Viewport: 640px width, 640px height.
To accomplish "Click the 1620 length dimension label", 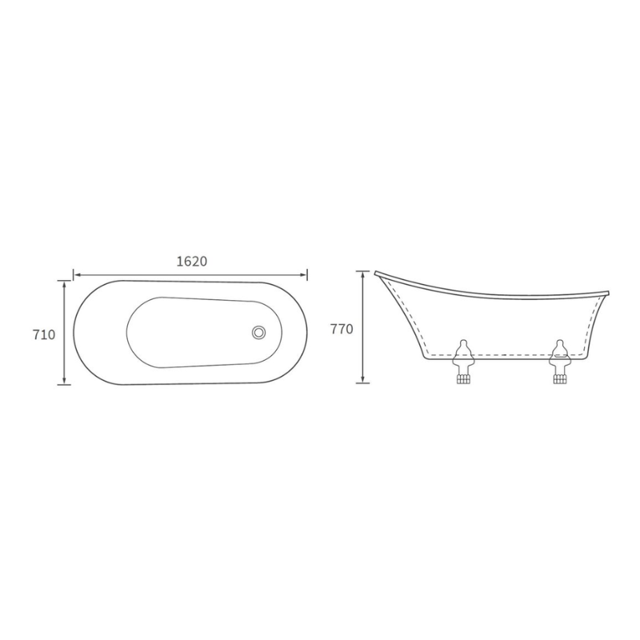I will point(191,262).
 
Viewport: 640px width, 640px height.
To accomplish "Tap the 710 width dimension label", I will point(45,334).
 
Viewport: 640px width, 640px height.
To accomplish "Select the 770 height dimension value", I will point(342,329).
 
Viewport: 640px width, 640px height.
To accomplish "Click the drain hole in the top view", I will point(258,331).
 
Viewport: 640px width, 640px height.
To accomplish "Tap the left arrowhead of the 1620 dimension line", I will point(77,274).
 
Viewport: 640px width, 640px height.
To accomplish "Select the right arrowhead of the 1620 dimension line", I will point(305,274).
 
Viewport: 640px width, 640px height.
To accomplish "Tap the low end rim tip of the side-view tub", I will point(607,292).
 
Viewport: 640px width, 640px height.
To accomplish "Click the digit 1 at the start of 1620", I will point(178,262).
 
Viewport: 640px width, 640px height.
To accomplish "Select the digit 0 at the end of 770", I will point(350,329).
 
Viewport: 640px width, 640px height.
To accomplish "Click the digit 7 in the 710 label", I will point(37,334).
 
